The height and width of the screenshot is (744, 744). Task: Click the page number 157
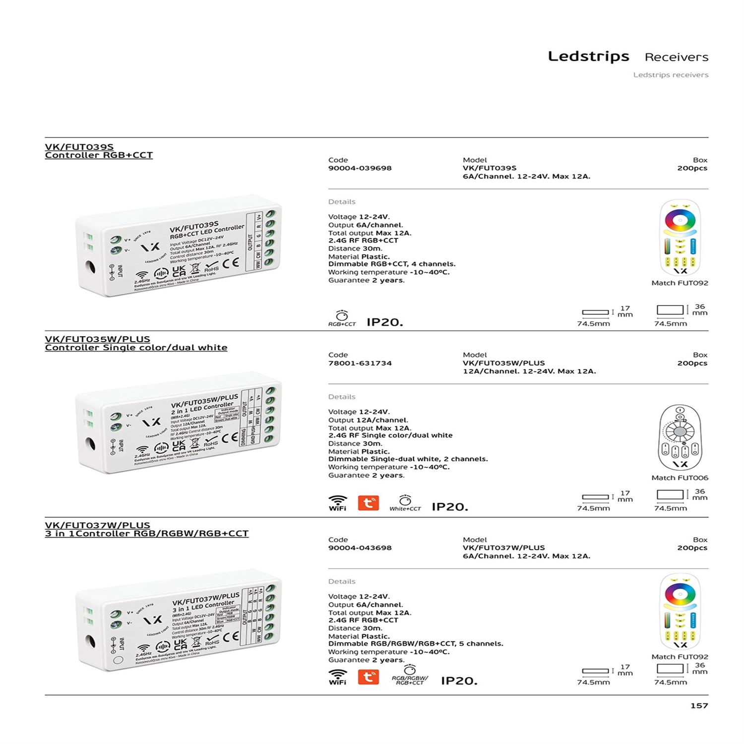pos(699,705)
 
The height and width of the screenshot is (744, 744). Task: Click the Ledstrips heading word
pos(588,57)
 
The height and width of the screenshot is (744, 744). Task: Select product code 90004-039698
pos(360,168)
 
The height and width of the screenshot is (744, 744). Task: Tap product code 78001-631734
pos(360,363)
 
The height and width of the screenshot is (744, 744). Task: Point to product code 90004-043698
pos(360,548)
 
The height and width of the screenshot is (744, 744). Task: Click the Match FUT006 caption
pos(680,478)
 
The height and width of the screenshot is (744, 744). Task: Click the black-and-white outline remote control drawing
pos(680,437)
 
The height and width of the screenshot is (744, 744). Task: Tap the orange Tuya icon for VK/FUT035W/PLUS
pos(368,503)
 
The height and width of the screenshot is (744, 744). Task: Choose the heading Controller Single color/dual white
pos(136,348)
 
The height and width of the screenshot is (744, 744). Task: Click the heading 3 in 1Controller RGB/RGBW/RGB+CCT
pos(146,534)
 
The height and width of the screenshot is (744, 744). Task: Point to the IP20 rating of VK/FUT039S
pos(384,322)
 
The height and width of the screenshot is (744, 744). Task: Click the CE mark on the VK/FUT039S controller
pos(231,263)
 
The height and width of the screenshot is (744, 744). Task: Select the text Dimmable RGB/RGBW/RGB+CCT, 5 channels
pos(416,644)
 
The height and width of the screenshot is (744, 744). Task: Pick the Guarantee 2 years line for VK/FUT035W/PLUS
pos(366,475)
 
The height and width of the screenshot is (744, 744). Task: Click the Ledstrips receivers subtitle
pos(671,75)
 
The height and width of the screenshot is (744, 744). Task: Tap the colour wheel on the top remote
pos(680,220)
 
